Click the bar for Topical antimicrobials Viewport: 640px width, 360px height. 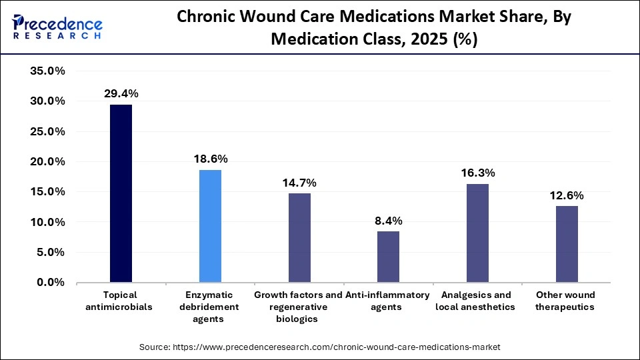(121, 193)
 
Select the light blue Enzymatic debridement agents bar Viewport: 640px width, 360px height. (210, 226)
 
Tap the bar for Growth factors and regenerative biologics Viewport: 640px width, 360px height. (299, 237)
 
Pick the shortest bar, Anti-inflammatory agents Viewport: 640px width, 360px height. (388, 257)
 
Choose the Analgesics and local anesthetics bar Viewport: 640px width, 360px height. (477, 233)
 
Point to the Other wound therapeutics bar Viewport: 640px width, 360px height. (567, 244)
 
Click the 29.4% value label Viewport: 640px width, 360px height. (121, 94)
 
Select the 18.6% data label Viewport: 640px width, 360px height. (210, 159)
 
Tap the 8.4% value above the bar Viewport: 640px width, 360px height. (388, 221)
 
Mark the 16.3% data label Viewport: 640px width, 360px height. (477, 173)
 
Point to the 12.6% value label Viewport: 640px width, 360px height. (567, 195)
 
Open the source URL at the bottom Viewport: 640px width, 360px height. (320, 347)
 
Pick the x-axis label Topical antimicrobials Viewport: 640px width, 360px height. (121, 301)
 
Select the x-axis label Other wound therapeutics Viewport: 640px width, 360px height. (567, 301)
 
